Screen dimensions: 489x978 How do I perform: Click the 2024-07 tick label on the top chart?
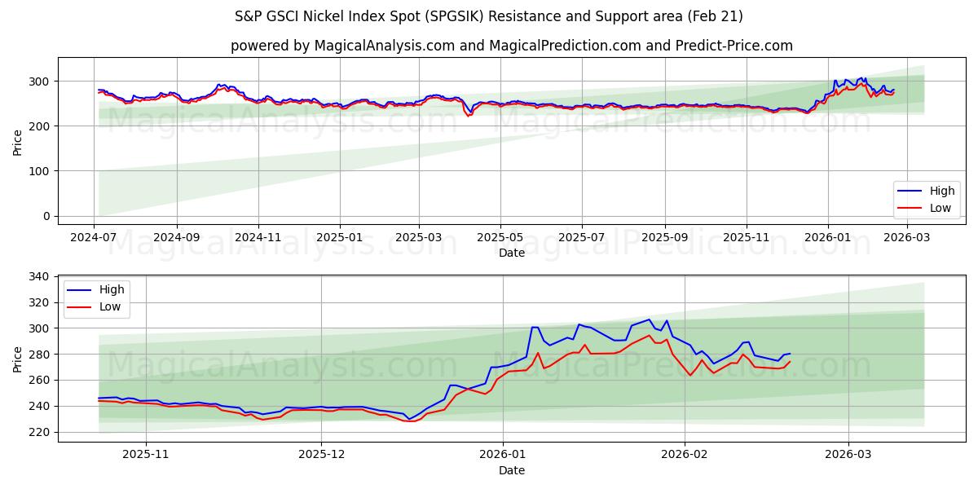(x=94, y=237)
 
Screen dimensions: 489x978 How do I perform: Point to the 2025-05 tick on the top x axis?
(x=500, y=237)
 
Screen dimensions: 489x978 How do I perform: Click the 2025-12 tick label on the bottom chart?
(x=321, y=454)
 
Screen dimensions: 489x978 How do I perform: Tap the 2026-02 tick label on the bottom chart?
(x=685, y=454)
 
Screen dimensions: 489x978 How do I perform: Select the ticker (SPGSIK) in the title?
(x=459, y=16)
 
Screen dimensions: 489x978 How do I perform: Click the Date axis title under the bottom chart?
(x=511, y=470)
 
